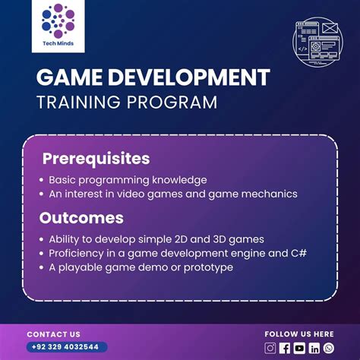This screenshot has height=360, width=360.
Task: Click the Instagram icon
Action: (270, 348)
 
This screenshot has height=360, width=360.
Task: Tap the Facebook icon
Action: (285, 348)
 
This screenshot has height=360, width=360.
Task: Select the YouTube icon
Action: (299, 348)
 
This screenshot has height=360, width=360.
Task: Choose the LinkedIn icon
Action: (314, 348)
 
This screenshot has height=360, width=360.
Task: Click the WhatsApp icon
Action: (328, 348)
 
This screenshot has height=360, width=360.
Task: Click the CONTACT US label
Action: (53, 334)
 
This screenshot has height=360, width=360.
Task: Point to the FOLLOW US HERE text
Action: (298, 334)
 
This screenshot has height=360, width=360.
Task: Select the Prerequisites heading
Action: (96, 159)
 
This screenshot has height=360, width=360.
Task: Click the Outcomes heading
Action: (82, 218)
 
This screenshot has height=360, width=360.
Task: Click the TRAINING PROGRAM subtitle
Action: (126, 102)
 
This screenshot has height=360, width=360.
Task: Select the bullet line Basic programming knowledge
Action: (128, 180)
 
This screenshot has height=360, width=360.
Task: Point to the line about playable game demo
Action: (141, 267)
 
